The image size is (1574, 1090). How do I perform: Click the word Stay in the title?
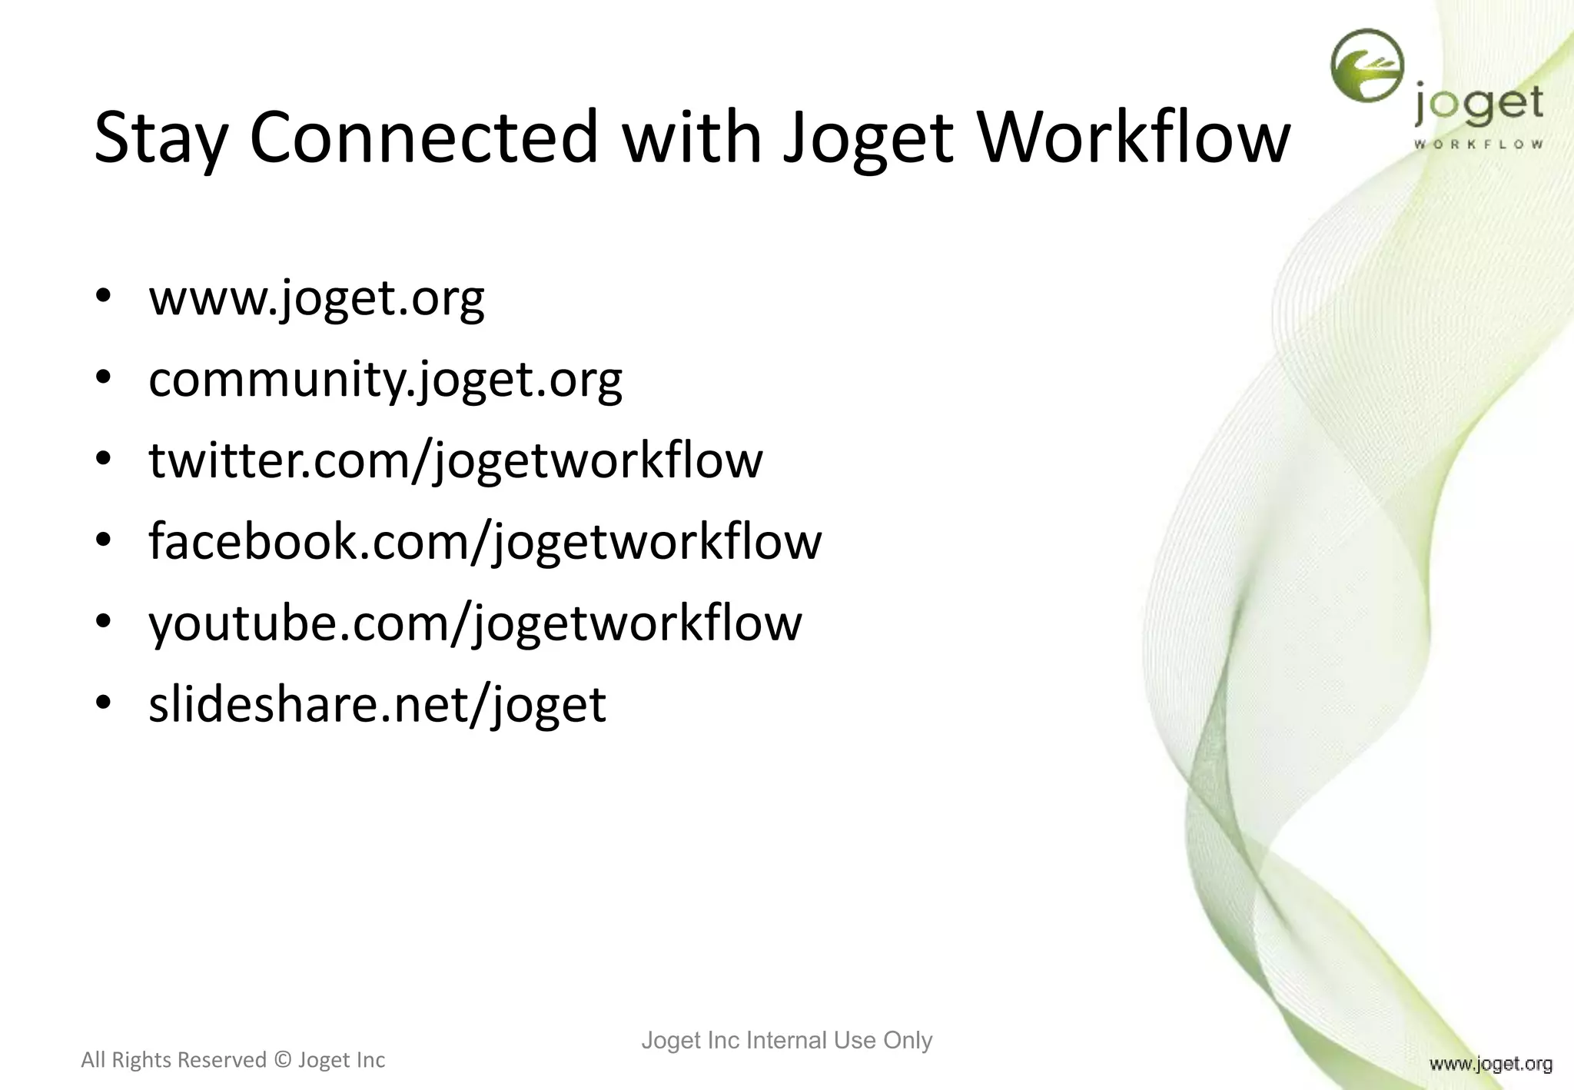point(161,139)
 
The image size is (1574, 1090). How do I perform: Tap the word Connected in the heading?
point(423,138)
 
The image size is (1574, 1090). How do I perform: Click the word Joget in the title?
point(868,139)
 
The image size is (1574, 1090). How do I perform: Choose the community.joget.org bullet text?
point(385,380)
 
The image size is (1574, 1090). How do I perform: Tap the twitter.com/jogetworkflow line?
point(456,460)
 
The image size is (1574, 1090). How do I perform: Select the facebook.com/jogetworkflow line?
point(485,542)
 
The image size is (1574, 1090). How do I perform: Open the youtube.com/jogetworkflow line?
point(475,623)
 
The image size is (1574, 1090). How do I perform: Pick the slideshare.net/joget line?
point(377,704)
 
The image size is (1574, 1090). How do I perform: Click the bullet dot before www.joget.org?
point(105,297)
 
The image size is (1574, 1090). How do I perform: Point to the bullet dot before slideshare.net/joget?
point(105,703)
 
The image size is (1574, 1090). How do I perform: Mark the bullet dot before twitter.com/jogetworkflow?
point(105,459)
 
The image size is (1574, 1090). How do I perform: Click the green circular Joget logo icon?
point(1367,66)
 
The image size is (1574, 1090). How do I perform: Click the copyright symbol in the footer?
point(282,1061)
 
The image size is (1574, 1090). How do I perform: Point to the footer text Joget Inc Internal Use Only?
point(786,1041)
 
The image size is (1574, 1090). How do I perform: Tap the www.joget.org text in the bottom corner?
point(1490,1064)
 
